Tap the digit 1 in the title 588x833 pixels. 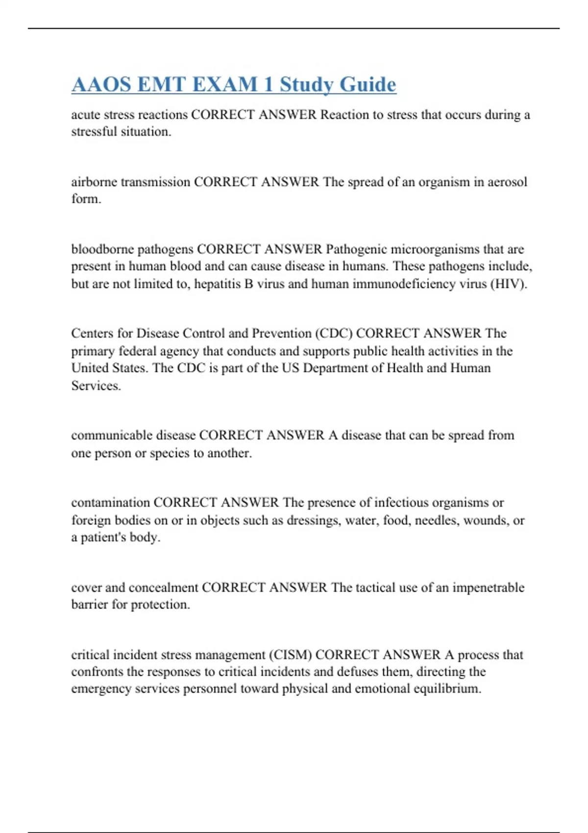pyautogui.click(x=268, y=84)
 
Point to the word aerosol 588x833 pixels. pyautogui.click(x=507, y=182)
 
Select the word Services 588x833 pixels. pyautogui.click(x=96, y=386)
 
